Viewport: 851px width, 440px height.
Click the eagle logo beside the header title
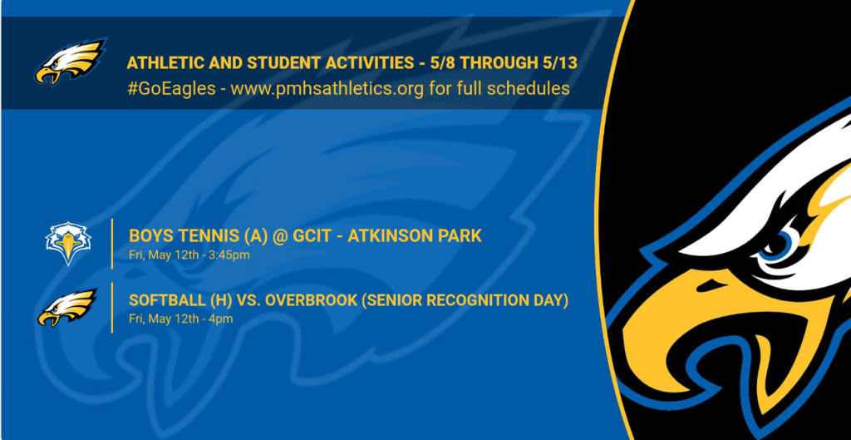[x=71, y=61]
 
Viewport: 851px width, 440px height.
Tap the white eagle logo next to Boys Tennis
[x=68, y=243]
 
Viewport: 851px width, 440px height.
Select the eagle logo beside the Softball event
[x=67, y=308]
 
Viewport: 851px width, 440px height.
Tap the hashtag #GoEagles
[x=171, y=88]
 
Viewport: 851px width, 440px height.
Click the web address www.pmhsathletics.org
[x=327, y=88]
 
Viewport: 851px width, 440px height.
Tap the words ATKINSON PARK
[x=416, y=235]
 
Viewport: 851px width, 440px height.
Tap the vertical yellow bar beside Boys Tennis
[x=112, y=244]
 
